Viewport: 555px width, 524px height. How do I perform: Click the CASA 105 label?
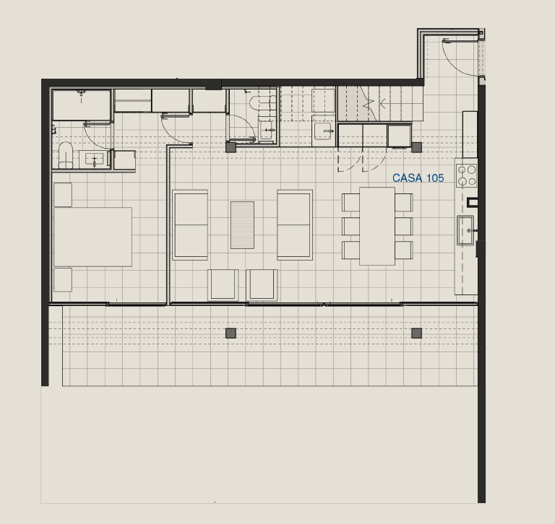coord(418,178)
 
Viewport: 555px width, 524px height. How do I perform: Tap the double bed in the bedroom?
coord(92,237)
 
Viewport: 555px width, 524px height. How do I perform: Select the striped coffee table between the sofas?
coord(243,225)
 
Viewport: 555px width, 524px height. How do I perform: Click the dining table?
coord(377,227)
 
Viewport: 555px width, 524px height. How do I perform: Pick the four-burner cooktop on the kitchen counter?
coord(467,175)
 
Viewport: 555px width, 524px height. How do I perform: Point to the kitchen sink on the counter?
coord(465,230)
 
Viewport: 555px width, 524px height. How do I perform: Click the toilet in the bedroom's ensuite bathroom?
coord(66,156)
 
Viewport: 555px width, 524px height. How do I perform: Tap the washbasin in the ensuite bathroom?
coord(94,159)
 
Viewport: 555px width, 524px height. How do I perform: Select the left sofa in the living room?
coord(190,225)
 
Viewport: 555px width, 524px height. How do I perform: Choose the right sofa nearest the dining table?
coord(295,225)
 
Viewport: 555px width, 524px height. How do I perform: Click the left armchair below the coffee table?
coord(223,285)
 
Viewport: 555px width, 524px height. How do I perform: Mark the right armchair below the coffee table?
coord(262,285)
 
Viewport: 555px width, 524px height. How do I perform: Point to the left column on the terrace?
coord(231,333)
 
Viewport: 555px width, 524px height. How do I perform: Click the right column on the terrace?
coord(416,333)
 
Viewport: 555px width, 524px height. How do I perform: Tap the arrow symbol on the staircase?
coord(382,104)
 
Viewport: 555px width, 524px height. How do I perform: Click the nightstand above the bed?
coord(63,194)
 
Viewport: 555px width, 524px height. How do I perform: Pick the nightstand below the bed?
coord(63,279)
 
